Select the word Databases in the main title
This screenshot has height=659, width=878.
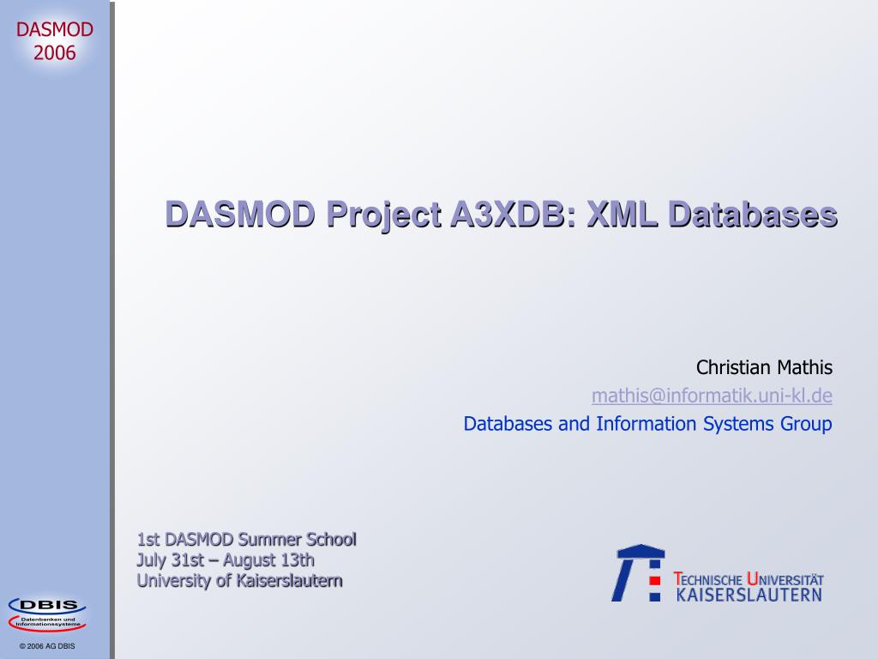[753, 214]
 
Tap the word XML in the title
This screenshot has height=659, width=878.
[622, 214]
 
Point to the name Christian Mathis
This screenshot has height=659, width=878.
[764, 367]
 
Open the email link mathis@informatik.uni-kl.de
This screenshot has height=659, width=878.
[712, 396]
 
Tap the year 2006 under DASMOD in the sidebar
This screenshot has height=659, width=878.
[54, 53]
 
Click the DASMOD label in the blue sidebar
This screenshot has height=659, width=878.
[54, 29]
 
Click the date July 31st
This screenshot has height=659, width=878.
[171, 560]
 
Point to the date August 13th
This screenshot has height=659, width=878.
[268, 560]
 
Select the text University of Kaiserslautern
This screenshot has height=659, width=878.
[240, 581]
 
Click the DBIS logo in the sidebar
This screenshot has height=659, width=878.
[47, 614]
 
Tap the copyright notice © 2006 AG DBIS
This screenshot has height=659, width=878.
[47, 646]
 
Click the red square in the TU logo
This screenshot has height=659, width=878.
[654, 581]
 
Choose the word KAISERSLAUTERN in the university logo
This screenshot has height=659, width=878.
[749, 596]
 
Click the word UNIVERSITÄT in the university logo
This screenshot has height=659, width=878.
[785, 579]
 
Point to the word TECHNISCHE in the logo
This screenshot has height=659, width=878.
[707, 579]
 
